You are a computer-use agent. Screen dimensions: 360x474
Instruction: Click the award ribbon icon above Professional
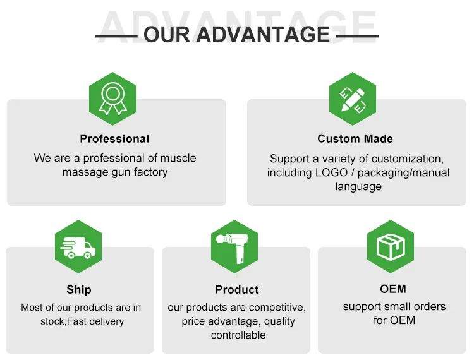click(x=112, y=99)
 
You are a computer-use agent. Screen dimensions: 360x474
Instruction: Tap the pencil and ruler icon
click(x=353, y=99)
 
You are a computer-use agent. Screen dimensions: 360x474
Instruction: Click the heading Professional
click(x=114, y=139)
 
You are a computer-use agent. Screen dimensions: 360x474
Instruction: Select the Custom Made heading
click(x=355, y=139)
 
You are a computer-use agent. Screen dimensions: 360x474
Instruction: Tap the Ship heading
click(x=79, y=290)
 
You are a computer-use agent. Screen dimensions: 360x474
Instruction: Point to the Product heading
click(x=237, y=290)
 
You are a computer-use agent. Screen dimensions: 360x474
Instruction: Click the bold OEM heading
click(x=393, y=289)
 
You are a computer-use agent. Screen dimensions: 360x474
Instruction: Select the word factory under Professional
click(x=149, y=172)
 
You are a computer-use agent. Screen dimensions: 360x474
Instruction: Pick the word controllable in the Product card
click(x=238, y=335)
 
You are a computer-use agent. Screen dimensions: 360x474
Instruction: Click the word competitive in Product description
click(x=274, y=308)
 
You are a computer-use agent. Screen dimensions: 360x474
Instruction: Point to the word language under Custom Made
click(x=358, y=187)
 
